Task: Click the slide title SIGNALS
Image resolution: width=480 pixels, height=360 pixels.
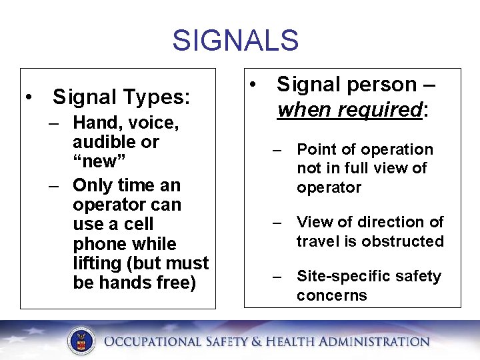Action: click(235, 40)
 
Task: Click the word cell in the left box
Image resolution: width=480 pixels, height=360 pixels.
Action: click(139, 224)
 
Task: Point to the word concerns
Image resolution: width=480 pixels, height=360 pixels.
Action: click(332, 295)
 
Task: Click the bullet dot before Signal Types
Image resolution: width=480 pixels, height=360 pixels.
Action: click(30, 98)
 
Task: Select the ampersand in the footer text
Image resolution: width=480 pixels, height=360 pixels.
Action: click(257, 342)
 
